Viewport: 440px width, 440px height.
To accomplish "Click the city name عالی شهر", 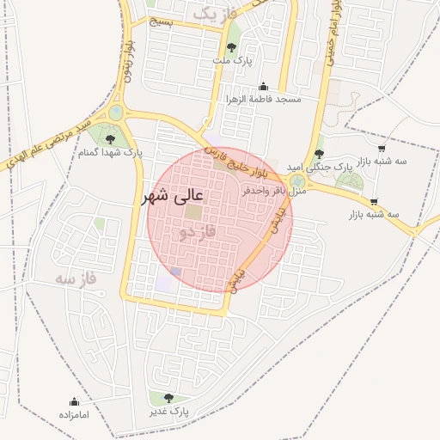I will (x=176, y=197).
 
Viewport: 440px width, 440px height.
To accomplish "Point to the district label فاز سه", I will (x=75, y=278).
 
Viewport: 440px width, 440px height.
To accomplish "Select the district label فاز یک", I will (x=213, y=15).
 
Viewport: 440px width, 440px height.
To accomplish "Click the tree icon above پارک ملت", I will (x=231, y=47).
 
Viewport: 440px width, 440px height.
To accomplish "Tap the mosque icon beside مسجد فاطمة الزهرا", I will (x=263, y=86).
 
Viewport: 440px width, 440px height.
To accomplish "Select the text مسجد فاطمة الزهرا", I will (x=264, y=100).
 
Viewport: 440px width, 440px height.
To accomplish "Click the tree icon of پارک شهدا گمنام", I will (x=109, y=138).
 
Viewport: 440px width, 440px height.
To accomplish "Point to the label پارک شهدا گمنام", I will (x=109, y=152).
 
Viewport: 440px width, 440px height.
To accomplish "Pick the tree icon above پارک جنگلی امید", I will (x=320, y=153).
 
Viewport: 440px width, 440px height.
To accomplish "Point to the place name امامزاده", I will (x=74, y=415).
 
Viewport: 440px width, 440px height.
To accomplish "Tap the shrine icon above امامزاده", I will (x=74, y=401).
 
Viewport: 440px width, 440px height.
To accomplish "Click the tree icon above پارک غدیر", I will (x=168, y=397).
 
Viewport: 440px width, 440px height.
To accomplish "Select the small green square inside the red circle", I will (x=195, y=211).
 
